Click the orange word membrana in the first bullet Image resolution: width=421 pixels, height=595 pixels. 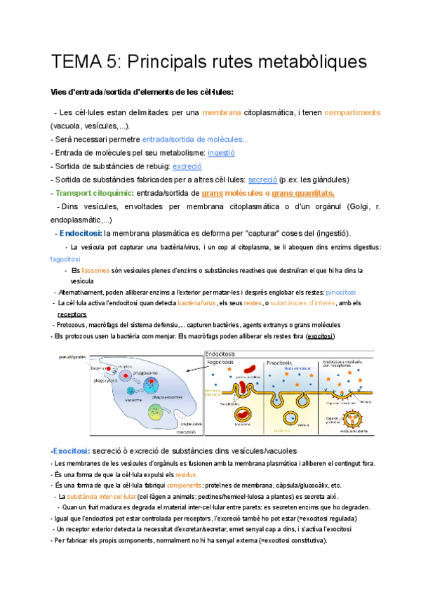coord(221,112)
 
